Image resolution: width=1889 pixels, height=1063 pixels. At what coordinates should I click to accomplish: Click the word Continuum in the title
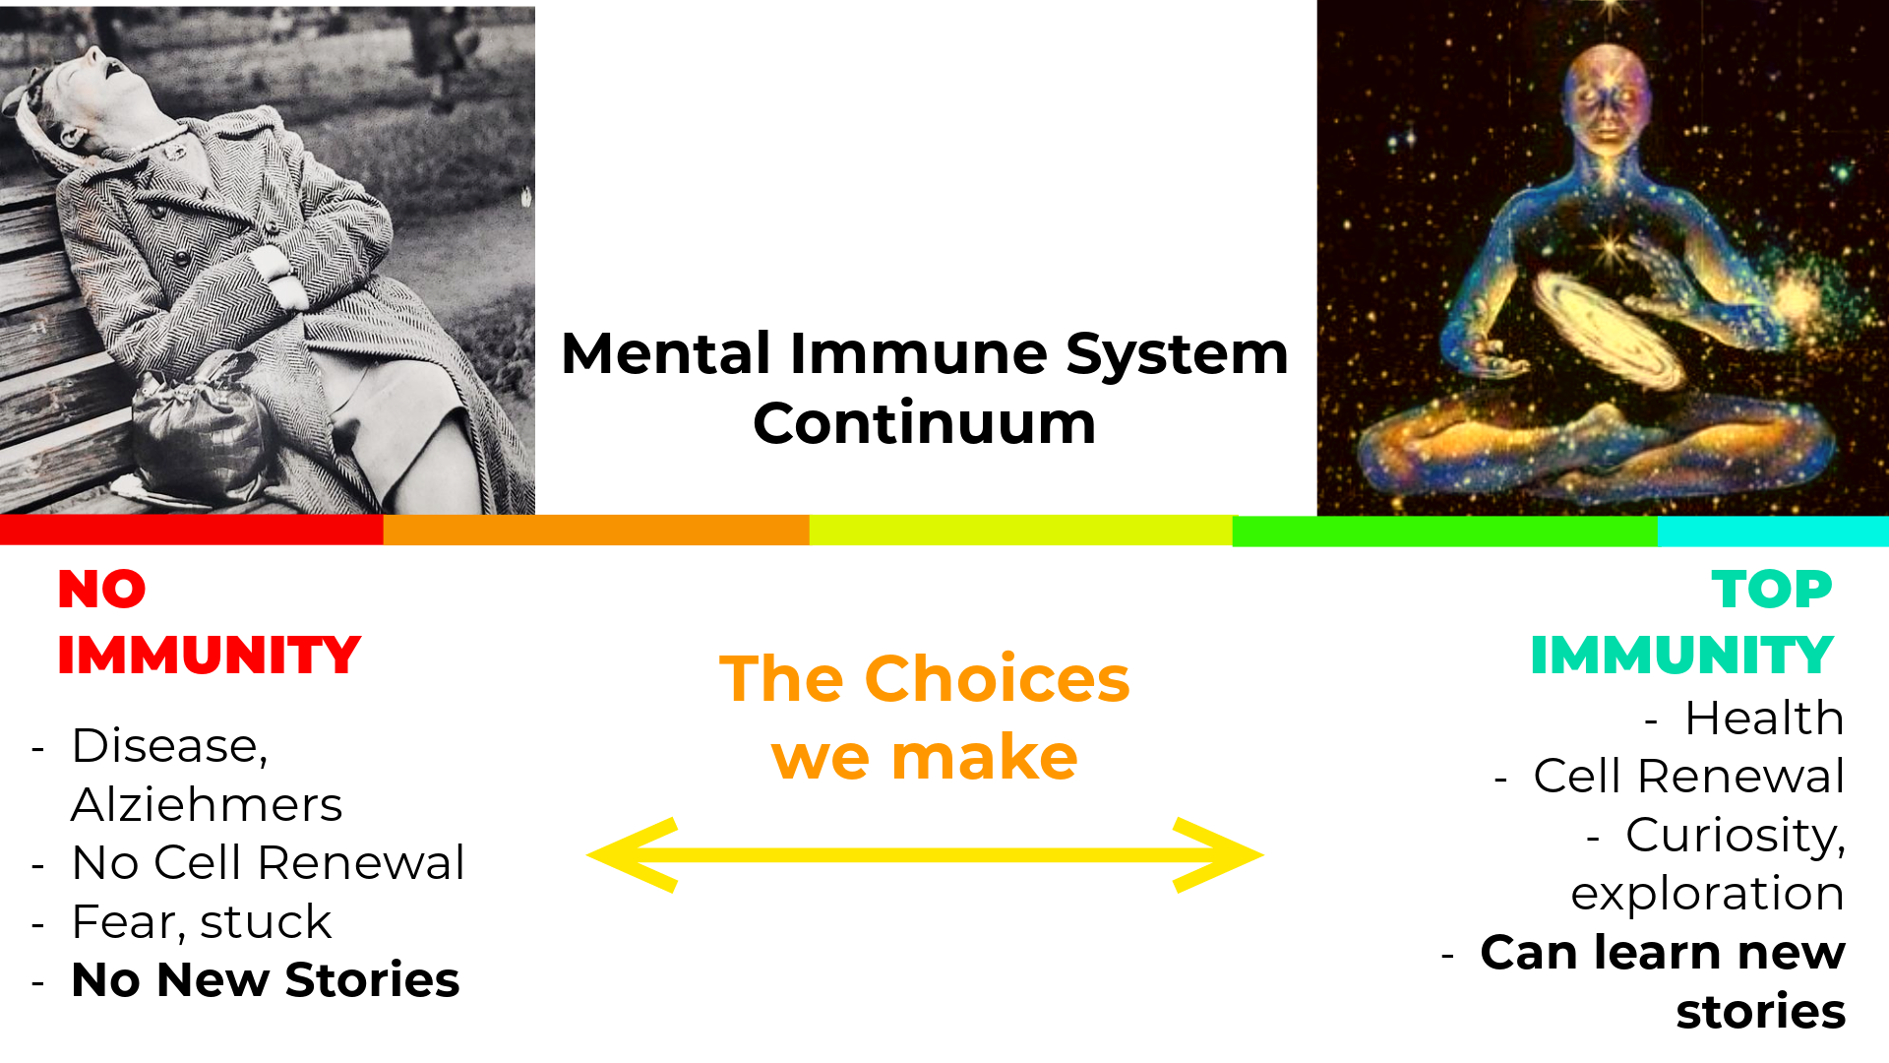(924, 424)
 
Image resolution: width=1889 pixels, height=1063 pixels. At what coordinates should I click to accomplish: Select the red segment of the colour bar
(192, 530)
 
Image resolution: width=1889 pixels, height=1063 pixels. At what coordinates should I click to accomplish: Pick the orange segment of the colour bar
(596, 530)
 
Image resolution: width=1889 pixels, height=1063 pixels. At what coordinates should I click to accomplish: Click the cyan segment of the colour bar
(1773, 531)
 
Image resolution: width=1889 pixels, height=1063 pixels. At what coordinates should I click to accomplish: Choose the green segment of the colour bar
(1445, 531)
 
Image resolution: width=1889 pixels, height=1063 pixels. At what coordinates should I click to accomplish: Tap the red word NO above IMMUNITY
(102, 590)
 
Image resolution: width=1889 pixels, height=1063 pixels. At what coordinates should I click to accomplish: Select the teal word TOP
(1772, 590)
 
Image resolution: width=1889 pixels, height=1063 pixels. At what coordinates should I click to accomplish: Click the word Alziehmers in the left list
(207, 804)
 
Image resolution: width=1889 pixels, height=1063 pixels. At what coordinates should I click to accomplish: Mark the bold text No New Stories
(266, 980)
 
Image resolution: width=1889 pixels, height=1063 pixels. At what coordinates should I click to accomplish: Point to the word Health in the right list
(1765, 718)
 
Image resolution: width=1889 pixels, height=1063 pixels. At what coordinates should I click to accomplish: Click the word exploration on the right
(1708, 895)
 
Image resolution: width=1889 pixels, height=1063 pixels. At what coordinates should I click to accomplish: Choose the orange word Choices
(998, 679)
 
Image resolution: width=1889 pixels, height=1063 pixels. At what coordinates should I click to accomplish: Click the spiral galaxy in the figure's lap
(1609, 330)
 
